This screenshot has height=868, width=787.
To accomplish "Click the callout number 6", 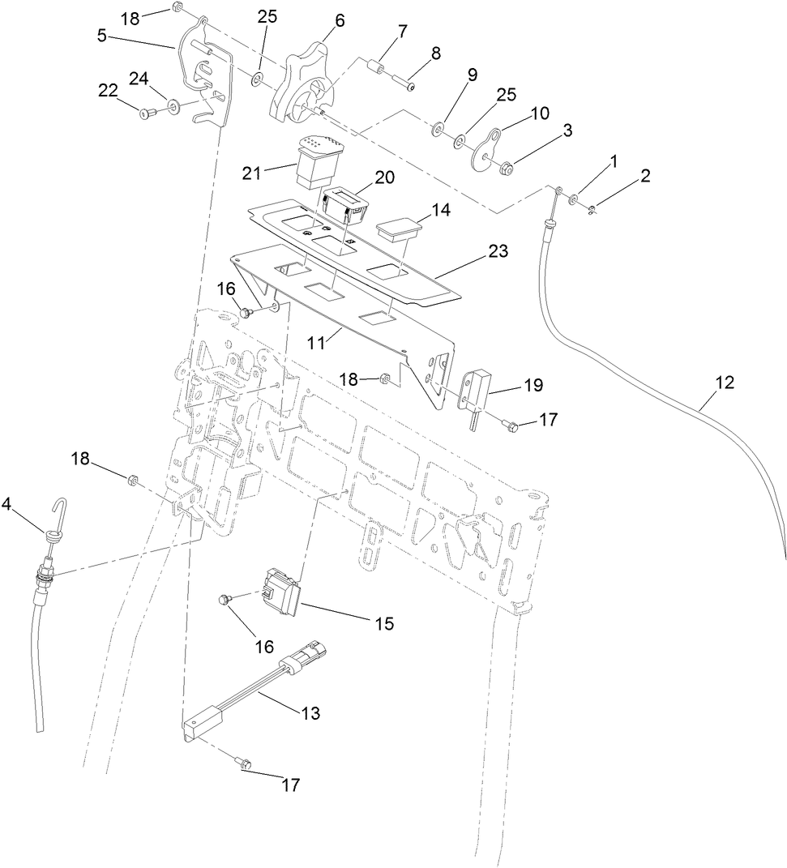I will pos(340,21).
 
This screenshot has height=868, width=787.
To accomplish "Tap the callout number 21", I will pos(252,173).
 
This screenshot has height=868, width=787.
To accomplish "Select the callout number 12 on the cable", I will pos(725,383).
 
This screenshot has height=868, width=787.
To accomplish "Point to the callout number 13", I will pos(310,713).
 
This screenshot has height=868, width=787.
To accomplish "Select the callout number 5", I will pos(101,36).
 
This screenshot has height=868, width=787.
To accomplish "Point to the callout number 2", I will pos(645,176).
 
